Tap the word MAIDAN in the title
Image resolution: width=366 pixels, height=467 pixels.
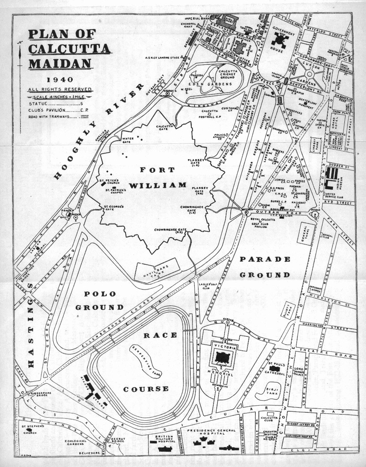pos(60,64)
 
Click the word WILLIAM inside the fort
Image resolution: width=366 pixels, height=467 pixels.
pos(158,185)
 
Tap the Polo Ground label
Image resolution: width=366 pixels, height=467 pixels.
pos(100,301)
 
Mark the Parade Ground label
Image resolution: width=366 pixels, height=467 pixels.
pos(265,267)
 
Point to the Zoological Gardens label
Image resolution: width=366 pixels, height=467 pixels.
pos(75,443)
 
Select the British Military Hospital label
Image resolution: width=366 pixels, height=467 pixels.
pos(164,439)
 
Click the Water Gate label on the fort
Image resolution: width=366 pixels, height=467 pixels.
pos(128,140)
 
